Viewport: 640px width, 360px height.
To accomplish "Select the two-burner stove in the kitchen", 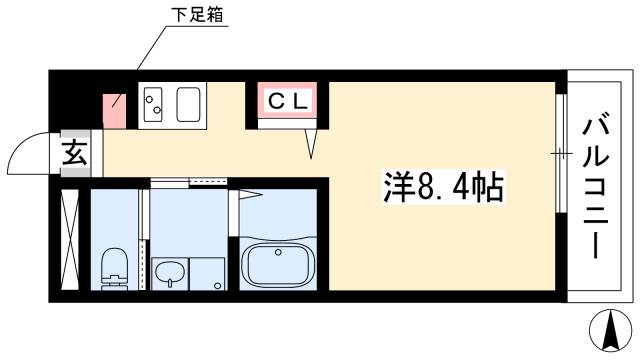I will [x=155, y=104].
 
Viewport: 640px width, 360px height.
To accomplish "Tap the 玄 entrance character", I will [x=75, y=154].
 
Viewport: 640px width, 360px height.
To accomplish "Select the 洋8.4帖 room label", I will [x=442, y=186].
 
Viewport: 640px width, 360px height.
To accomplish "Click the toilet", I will [x=116, y=268].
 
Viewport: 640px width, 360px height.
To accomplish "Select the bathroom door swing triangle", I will [x=249, y=195].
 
